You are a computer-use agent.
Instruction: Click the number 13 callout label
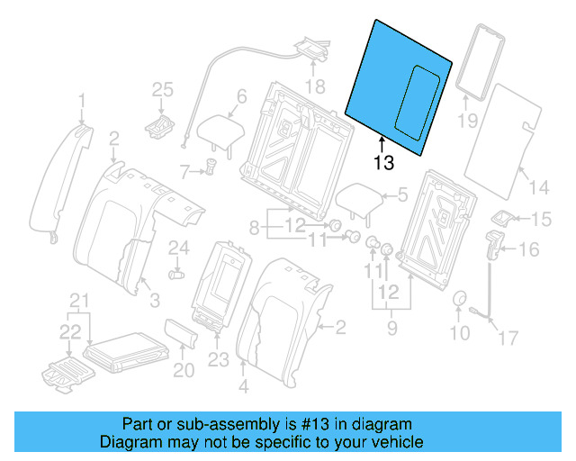[383, 163]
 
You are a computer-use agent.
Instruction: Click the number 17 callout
[508, 339]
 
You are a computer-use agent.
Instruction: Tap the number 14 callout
[538, 187]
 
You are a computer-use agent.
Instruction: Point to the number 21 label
[81, 300]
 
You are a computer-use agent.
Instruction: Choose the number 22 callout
[70, 332]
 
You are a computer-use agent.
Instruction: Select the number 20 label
[183, 370]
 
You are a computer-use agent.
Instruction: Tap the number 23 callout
[220, 360]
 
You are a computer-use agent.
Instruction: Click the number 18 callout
[314, 86]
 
